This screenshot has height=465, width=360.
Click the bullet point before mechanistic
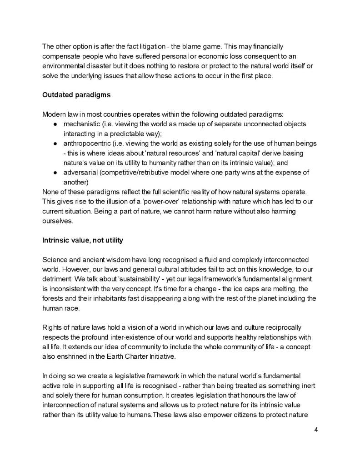click(55, 124)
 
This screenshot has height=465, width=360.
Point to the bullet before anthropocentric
click(55, 143)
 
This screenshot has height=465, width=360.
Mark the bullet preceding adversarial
click(55, 173)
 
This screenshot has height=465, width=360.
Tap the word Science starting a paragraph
click(55, 260)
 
